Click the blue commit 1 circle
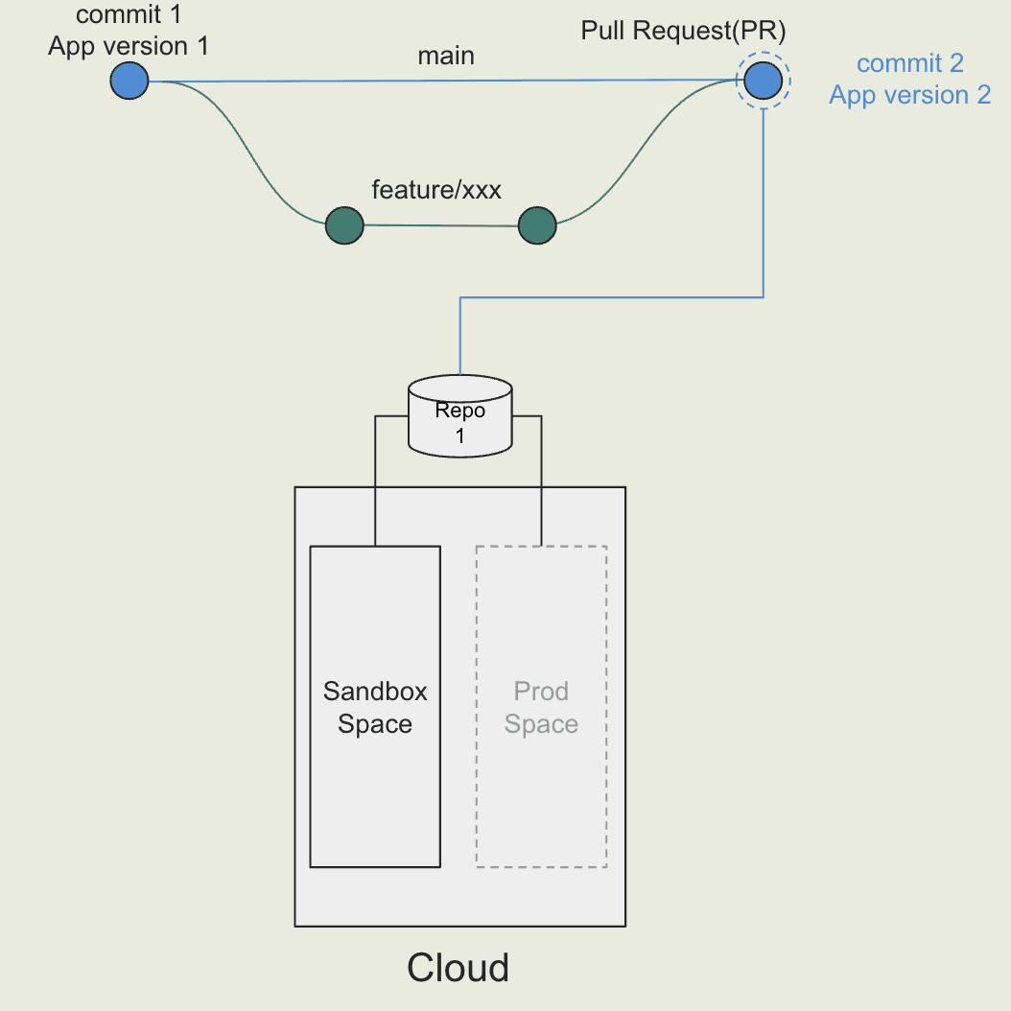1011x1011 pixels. pyautogui.click(x=129, y=81)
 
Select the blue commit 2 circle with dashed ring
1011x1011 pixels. pyautogui.click(x=763, y=81)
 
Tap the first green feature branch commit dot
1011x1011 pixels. pyautogui.click(x=344, y=226)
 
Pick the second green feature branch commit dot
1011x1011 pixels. pyautogui.click(x=537, y=226)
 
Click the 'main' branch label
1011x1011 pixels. pyautogui.click(x=446, y=56)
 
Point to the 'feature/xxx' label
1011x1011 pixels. pyautogui.click(x=436, y=190)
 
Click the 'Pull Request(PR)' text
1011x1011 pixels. pyautogui.click(x=684, y=31)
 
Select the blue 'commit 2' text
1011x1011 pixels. pyautogui.click(x=909, y=64)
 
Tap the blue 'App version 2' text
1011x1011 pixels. pyautogui.click(x=909, y=95)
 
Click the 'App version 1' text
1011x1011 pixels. pyautogui.click(x=129, y=45)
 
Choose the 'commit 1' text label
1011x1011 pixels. pyautogui.click(x=129, y=15)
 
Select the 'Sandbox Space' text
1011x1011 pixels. pyautogui.click(x=375, y=708)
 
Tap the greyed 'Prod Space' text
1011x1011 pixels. pyautogui.click(x=541, y=708)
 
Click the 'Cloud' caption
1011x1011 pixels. pyautogui.click(x=458, y=967)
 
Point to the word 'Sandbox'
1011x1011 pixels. pyautogui.click(x=375, y=692)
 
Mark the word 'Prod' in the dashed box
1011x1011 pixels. pyautogui.click(x=541, y=692)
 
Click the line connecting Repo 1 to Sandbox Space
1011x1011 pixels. pyautogui.click(x=375, y=480)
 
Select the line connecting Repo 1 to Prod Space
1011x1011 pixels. pyautogui.click(x=542, y=480)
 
